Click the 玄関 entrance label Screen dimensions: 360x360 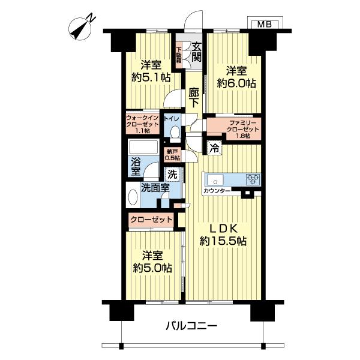click(197, 52)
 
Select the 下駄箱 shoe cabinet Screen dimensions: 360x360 click(179, 55)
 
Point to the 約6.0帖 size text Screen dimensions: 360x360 click(236, 84)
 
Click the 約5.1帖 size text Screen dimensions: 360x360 click(151, 77)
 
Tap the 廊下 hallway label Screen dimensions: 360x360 click(194, 98)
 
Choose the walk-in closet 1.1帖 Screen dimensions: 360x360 click(143, 124)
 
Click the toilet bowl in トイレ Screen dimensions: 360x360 click(175, 132)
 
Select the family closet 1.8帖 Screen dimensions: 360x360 click(243, 129)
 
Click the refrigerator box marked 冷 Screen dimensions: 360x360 click(215, 149)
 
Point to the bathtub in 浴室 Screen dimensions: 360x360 click(144, 147)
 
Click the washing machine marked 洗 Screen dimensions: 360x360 click(172, 175)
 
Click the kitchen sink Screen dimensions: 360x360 click(215, 180)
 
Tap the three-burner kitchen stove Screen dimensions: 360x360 click(253, 179)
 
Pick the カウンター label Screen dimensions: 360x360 click(217, 191)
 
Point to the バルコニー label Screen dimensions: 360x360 click(191, 326)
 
